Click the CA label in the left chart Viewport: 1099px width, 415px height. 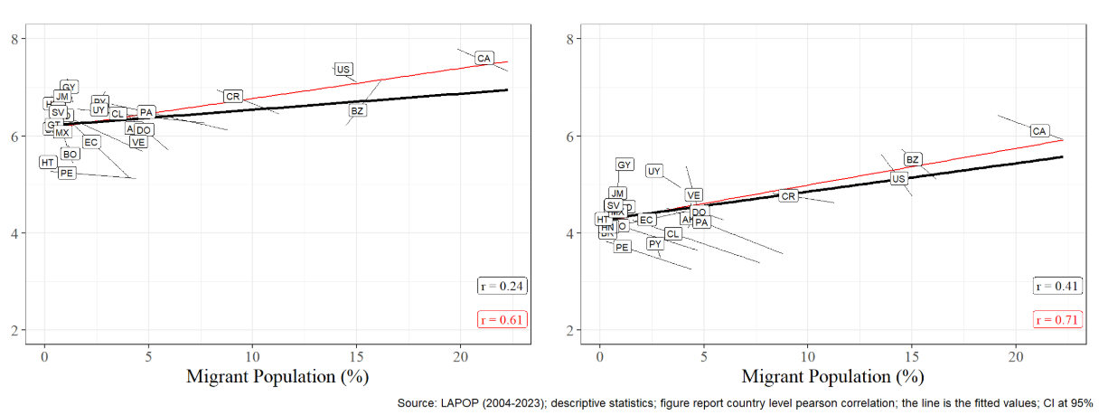coord(484,58)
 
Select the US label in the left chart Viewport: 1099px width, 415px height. coord(343,69)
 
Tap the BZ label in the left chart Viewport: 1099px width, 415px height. coord(357,110)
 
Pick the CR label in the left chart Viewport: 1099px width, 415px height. coord(232,96)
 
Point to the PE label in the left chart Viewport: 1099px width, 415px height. coord(67,173)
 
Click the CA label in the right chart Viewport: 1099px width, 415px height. coord(1039,131)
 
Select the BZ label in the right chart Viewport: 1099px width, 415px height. coord(913,159)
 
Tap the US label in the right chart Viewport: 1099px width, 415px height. coord(898,179)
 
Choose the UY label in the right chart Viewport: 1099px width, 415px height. coord(655,171)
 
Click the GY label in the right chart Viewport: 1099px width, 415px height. coord(624,165)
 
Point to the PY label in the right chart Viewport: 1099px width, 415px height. coord(655,244)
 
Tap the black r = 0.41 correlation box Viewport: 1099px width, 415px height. coord(1057,286)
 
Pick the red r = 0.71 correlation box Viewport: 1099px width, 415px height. coord(1057,319)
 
